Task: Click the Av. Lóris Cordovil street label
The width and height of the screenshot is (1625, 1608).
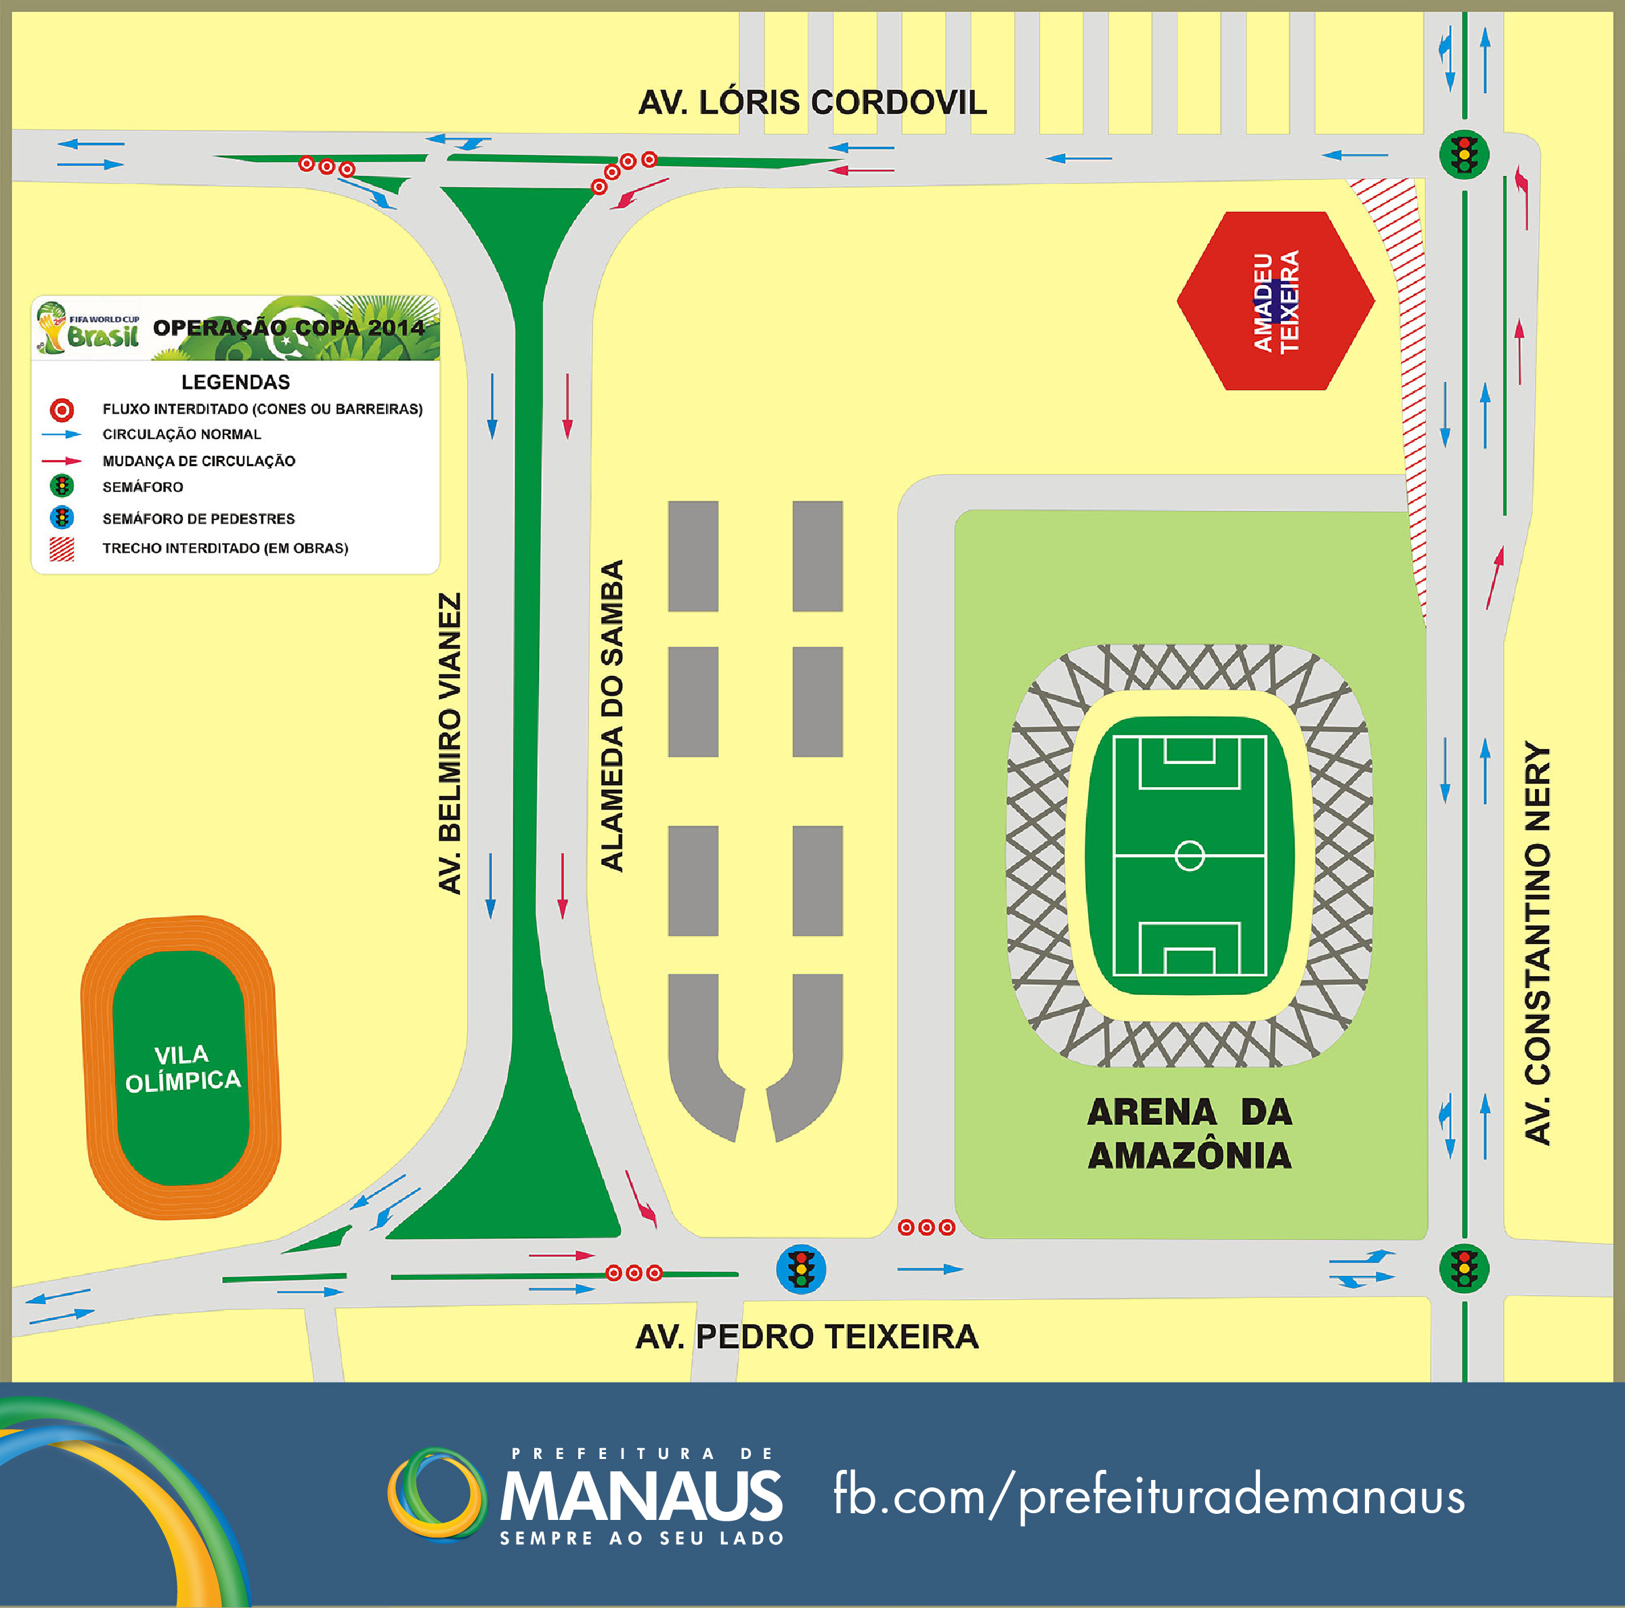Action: tap(812, 103)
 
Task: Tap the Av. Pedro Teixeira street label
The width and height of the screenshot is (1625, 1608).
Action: tap(806, 1336)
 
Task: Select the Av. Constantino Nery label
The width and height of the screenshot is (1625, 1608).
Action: tap(1537, 942)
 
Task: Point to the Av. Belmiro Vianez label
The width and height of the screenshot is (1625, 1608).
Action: tap(450, 743)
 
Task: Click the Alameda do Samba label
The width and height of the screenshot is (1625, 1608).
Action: tap(611, 715)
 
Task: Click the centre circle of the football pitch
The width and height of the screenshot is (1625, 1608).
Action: tap(1190, 855)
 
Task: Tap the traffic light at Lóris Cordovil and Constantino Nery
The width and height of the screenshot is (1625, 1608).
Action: tap(1465, 155)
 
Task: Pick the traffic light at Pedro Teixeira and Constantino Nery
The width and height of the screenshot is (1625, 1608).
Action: tap(1465, 1269)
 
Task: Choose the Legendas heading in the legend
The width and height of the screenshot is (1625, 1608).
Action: tap(236, 382)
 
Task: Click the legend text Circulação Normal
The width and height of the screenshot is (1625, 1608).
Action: tap(181, 434)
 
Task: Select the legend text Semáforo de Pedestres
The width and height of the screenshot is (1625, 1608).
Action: tap(198, 518)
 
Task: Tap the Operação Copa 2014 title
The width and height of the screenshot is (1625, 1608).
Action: tap(288, 327)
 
